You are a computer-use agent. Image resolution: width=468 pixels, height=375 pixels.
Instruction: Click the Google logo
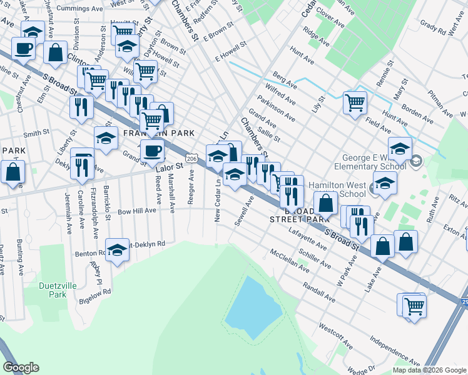[21, 367]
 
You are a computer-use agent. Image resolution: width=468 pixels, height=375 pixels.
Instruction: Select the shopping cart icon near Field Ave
[355, 101]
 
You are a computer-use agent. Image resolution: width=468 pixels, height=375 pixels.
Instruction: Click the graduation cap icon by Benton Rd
[117, 251]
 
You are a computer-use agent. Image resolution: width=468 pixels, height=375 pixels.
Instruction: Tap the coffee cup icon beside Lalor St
[152, 150]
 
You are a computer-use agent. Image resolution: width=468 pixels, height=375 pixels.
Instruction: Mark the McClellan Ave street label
[289, 261]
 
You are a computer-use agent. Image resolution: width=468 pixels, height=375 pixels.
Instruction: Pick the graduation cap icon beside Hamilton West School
[385, 183]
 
